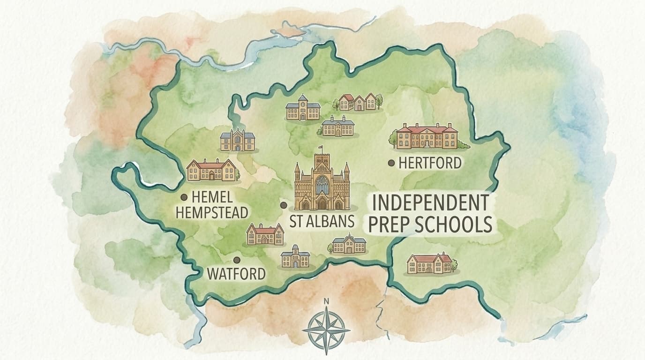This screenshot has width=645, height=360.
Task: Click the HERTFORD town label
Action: (430, 163)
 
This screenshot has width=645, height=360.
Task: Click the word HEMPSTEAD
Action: (211, 213)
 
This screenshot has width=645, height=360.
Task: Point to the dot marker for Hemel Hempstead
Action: (184, 197)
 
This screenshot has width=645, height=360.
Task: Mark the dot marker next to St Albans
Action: (283, 205)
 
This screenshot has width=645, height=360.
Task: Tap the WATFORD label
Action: (236, 274)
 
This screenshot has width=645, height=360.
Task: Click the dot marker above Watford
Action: (237, 259)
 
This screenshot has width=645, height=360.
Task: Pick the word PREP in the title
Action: (389, 225)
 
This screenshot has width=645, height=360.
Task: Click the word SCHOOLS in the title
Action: (453, 225)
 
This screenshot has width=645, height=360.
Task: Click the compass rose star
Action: (326, 330)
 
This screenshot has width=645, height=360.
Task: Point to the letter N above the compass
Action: (326, 301)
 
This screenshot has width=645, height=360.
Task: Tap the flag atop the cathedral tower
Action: (321, 148)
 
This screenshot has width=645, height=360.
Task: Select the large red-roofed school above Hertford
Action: (427, 136)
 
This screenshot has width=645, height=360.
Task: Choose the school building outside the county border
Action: (429, 263)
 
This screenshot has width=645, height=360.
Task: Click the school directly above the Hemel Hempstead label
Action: (211, 170)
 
